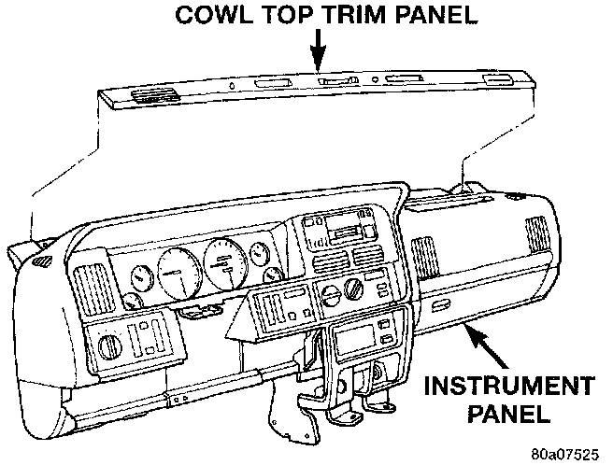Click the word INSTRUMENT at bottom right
(x=510, y=386)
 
